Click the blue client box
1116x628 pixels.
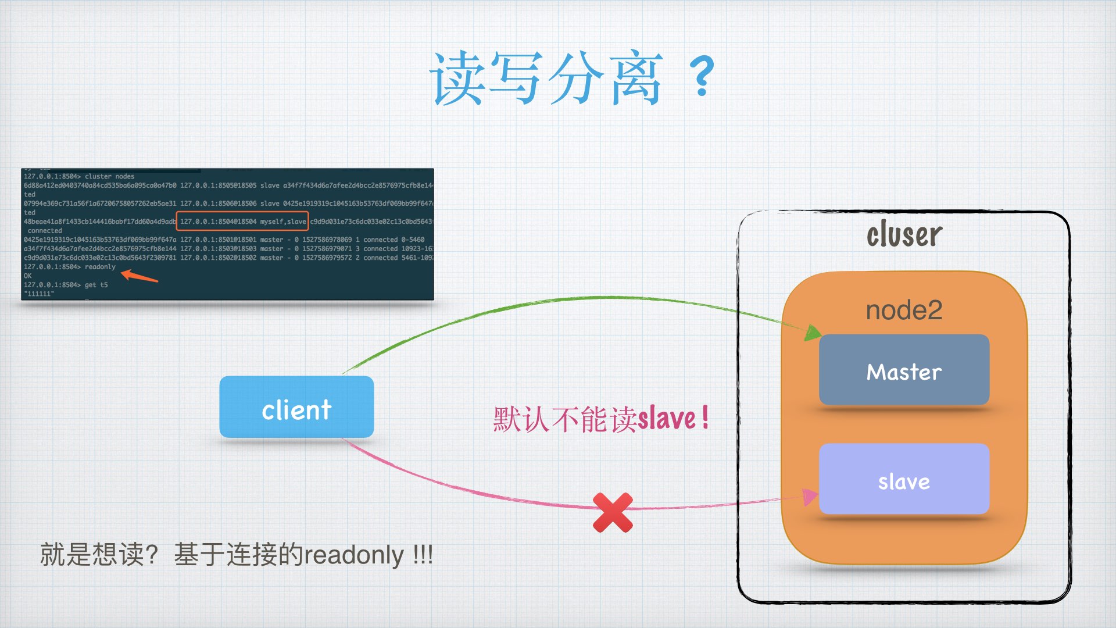[x=296, y=407]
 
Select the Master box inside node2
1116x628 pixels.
[x=904, y=370]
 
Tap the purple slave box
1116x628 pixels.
[x=904, y=480]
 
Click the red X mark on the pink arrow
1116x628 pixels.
[x=613, y=512]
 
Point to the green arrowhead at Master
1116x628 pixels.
[x=812, y=333]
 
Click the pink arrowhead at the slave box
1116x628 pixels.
[x=809, y=497]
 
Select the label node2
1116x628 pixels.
[x=904, y=310]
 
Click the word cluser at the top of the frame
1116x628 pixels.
[x=904, y=234]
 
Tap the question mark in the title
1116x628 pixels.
[x=702, y=76]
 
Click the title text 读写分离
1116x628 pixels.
[x=546, y=78]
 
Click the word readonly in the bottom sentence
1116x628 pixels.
[x=354, y=555]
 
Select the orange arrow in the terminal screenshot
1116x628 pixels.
[x=139, y=276]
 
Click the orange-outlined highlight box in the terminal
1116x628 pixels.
[x=242, y=222]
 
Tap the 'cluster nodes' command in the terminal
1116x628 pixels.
[x=109, y=176]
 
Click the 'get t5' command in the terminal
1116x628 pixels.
[x=96, y=285]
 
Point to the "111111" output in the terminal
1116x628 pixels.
[x=39, y=294]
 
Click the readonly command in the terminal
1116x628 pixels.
[x=100, y=267]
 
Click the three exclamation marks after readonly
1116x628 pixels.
[x=423, y=555]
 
